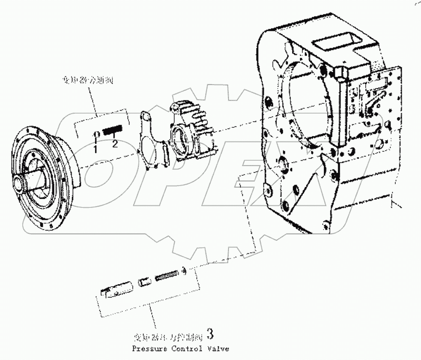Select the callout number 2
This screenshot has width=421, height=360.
pyautogui.click(x=115, y=144)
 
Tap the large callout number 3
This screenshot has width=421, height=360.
pyautogui.click(x=209, y=333)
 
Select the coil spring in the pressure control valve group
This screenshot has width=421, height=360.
pyautogui.click(x=167, y=276)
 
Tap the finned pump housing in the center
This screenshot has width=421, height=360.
pyautogui.click(x=192, y=129)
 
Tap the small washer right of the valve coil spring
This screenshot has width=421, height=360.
pyautogui.click(x=183, y=270)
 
